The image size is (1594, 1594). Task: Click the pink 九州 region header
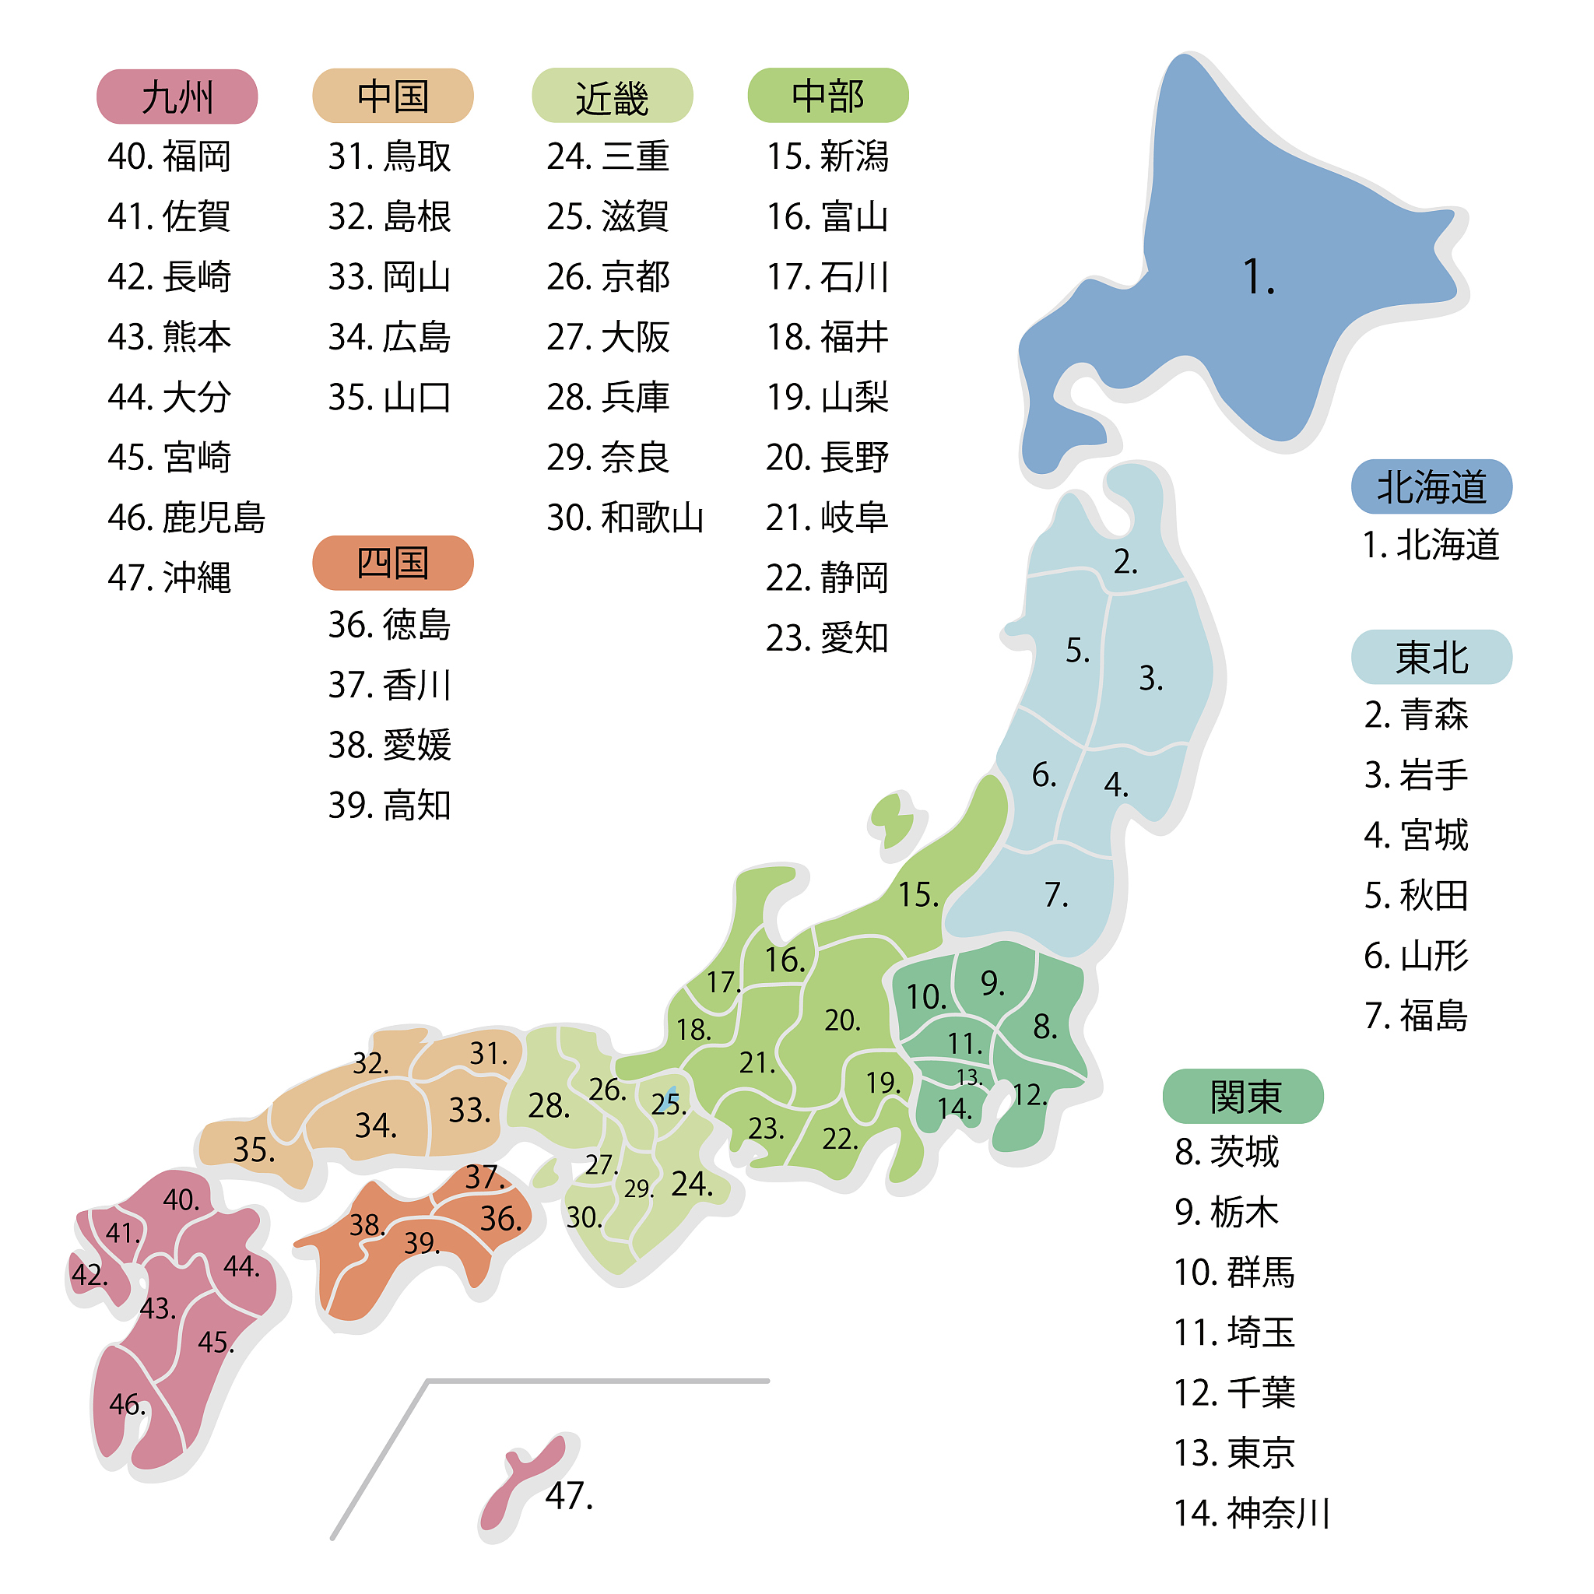177,97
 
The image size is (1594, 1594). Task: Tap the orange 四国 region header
393,563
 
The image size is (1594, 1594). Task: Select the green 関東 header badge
1242,1096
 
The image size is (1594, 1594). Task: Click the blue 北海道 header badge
1431,486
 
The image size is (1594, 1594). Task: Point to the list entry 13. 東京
1234,1452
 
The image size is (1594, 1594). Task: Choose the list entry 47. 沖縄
169,578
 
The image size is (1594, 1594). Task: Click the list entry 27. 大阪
608,336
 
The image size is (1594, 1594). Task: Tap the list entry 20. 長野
827,457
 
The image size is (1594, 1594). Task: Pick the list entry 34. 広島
389,336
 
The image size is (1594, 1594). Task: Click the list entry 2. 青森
1416,714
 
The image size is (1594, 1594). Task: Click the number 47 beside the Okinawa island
568,1495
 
